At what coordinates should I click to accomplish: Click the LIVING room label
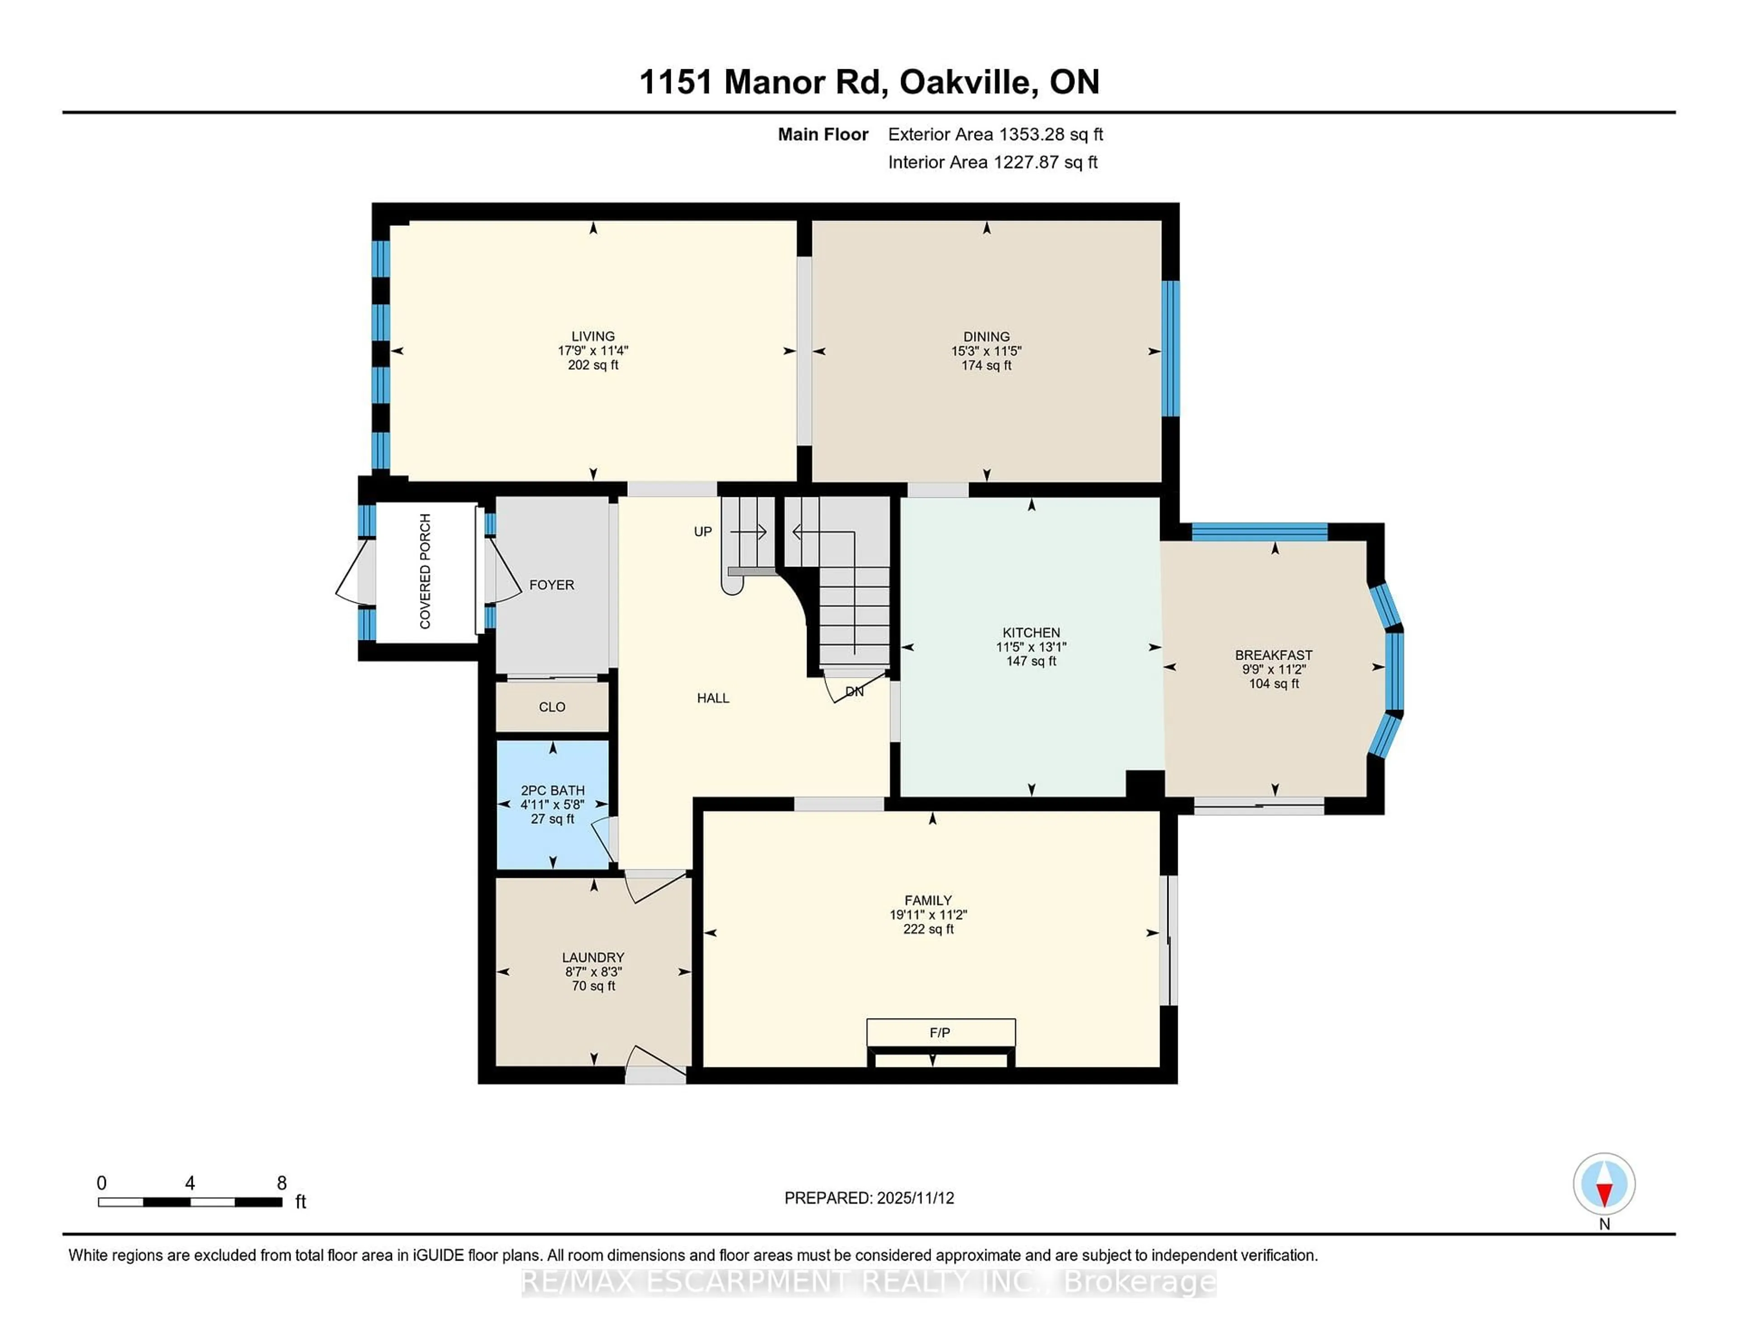click(x=593, y=336)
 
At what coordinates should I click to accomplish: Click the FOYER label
click(x=551, y=585)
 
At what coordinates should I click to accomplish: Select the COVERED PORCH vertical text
click(x=425, y=571)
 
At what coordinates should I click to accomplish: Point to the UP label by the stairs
click(x=703, y=532)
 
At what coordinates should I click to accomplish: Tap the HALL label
click(x=713, y=698)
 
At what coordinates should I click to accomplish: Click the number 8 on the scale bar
click(x=281, y=1183)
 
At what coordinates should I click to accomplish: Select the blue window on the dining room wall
click(x=1170, y=348)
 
